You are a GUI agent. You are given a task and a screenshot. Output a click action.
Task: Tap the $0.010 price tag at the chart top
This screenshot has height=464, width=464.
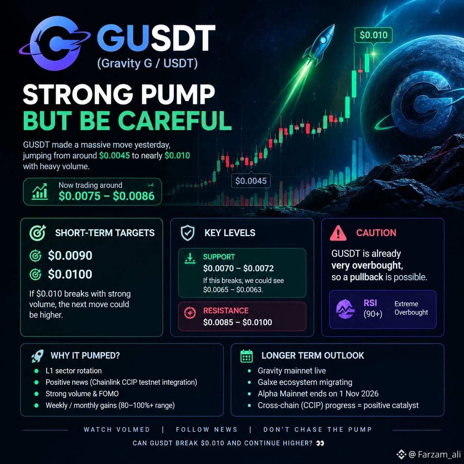point(373,35)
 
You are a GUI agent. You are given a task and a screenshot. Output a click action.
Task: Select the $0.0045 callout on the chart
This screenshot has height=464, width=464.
point(251,181)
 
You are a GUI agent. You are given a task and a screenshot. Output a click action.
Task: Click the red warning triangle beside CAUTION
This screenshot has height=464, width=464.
point(338,233)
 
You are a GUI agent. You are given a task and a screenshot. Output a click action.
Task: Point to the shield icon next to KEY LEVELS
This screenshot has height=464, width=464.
point(188,233)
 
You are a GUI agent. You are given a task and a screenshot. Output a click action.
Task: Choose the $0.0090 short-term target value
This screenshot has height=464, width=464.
point(70,255)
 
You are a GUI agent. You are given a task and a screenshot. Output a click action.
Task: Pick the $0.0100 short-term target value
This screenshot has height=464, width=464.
point(70,274)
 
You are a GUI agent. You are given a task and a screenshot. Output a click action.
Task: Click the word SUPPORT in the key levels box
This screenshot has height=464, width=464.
point(219,257)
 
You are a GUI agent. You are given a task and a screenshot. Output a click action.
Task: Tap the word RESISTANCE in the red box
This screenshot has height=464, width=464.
point(226,310)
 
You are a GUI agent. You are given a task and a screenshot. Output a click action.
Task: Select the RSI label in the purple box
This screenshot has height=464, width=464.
point(370,303)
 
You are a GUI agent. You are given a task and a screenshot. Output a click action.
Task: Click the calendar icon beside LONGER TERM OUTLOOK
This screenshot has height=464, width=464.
point(246,356)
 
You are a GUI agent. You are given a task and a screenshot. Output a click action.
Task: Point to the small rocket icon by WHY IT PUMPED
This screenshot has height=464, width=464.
point(37,356)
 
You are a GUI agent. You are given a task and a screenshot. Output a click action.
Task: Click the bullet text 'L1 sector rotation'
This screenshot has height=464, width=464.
point(73,371)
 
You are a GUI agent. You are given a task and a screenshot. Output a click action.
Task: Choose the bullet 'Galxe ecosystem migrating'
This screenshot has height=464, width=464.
point(305,382)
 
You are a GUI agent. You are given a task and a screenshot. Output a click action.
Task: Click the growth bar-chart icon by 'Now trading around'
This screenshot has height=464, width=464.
point(40,191)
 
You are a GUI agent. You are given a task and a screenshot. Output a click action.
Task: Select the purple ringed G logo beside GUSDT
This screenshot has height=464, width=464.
point(55,43)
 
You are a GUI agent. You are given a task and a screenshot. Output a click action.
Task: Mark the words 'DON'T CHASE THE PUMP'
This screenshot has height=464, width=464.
point(317,430)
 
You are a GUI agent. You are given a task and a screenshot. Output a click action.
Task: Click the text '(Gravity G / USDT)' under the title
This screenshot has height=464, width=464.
point(147,64)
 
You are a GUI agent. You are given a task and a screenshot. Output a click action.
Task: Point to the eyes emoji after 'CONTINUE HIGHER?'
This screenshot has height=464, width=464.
point(320,443)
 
